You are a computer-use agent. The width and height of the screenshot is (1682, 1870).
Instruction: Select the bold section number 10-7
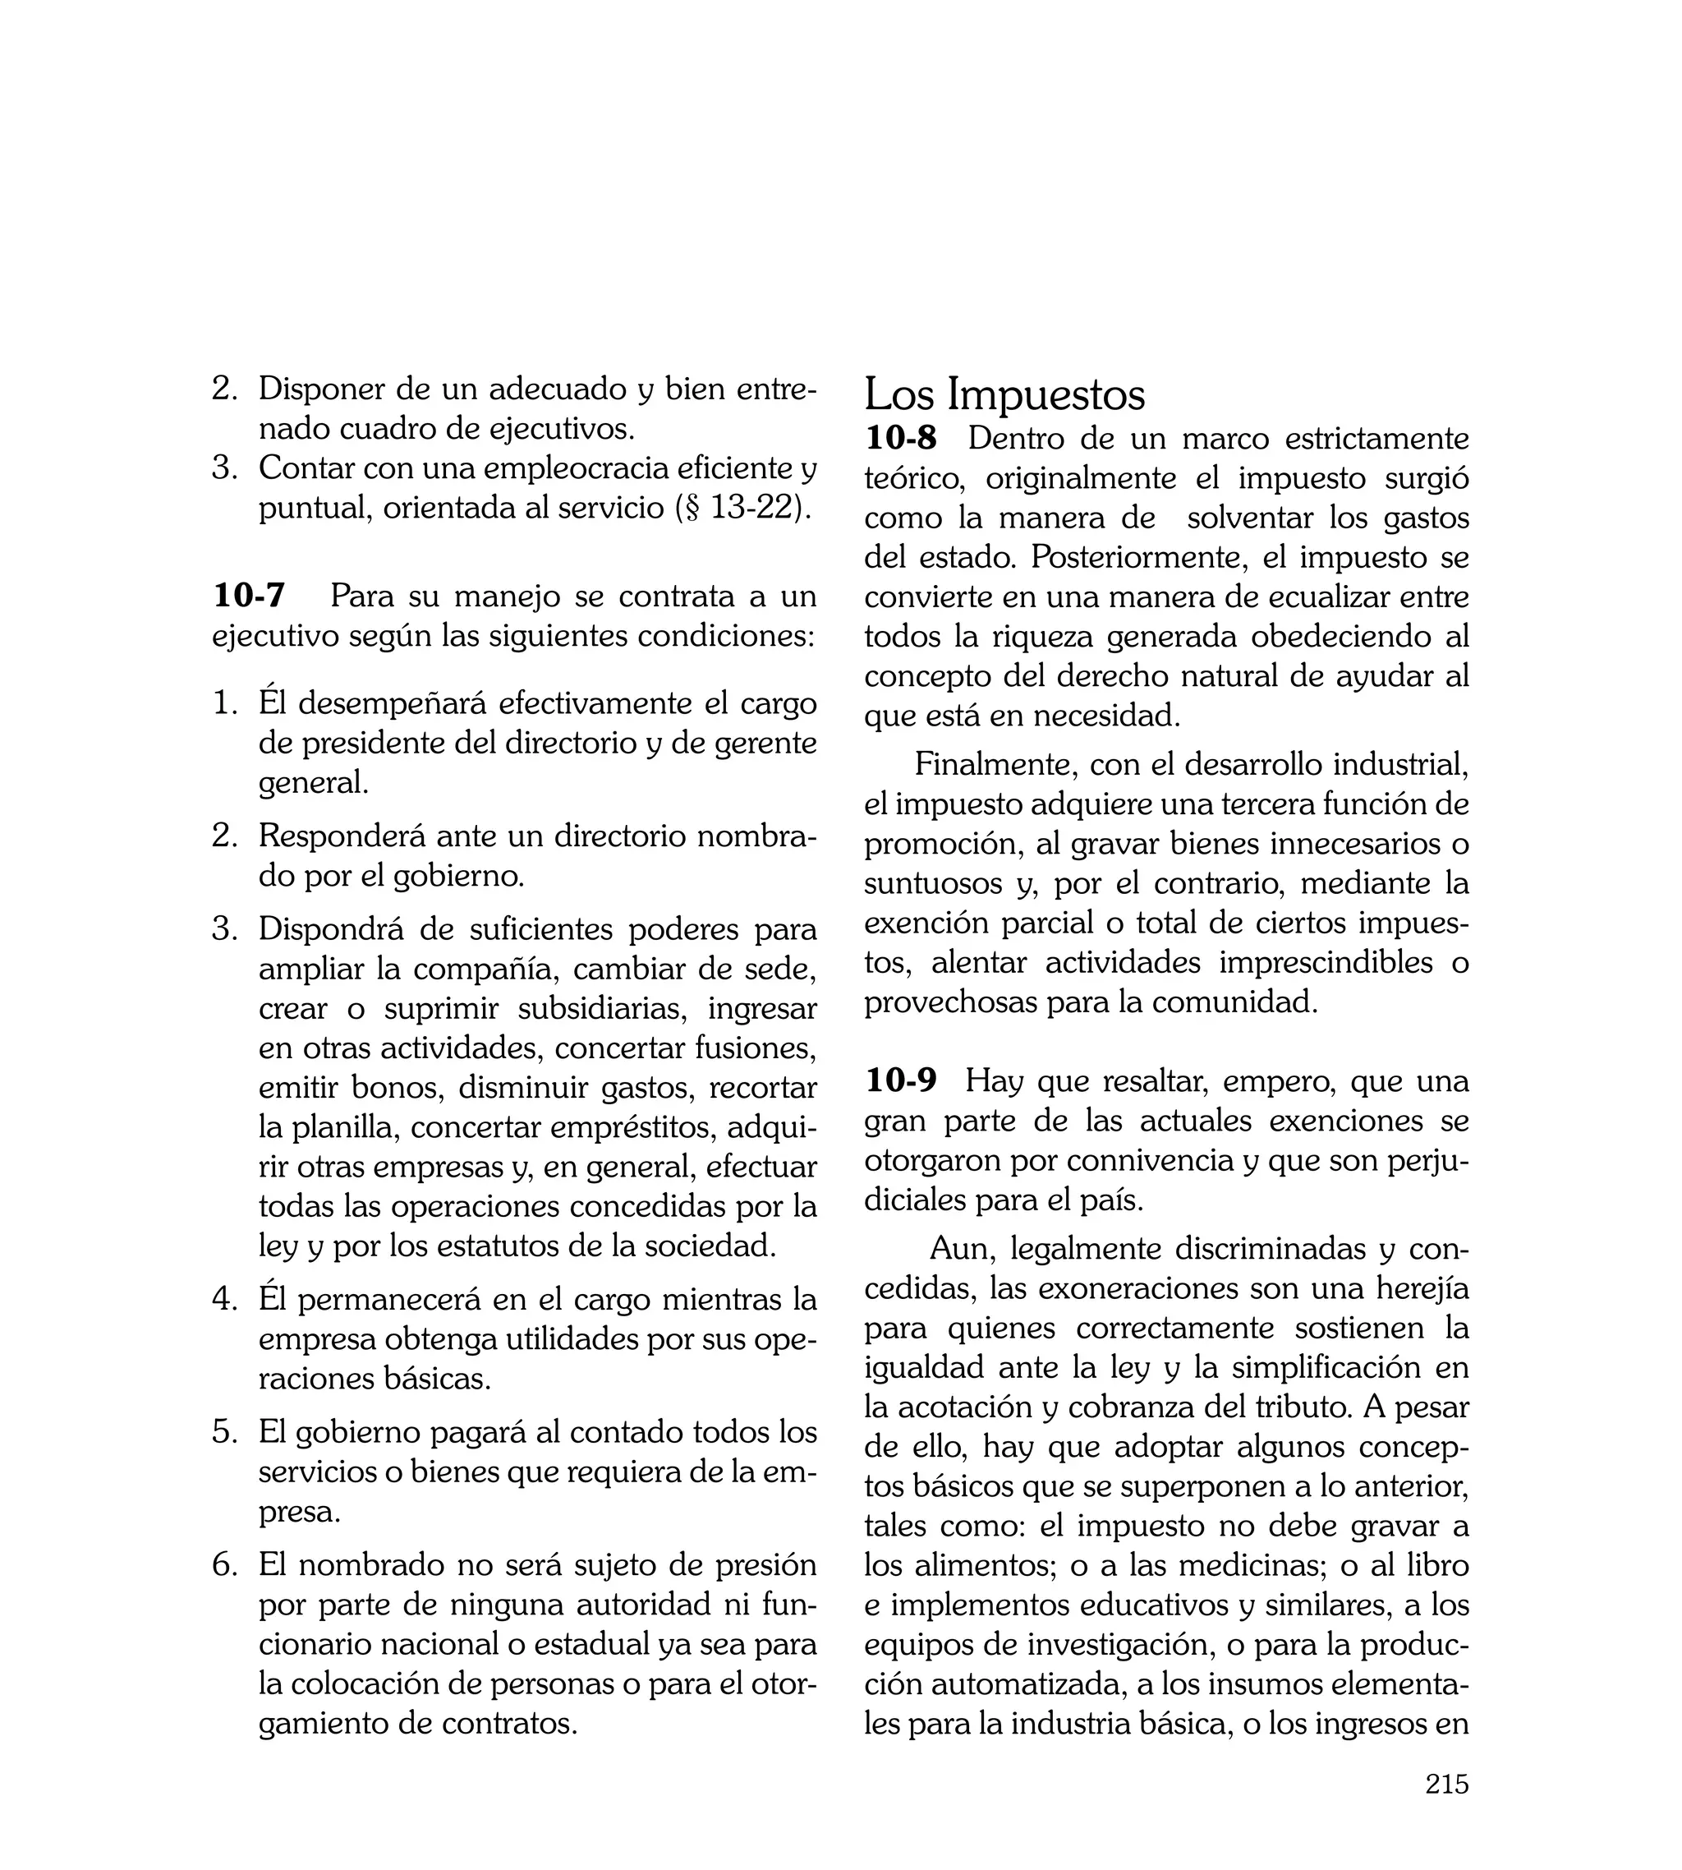pyautogui.click(x=249, y=596)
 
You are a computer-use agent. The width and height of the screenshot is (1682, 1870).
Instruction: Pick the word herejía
pyautogui.click(x=1422, y=1287)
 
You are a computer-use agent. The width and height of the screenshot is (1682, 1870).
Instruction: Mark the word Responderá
pyautogui.click(x=342, y=836)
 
